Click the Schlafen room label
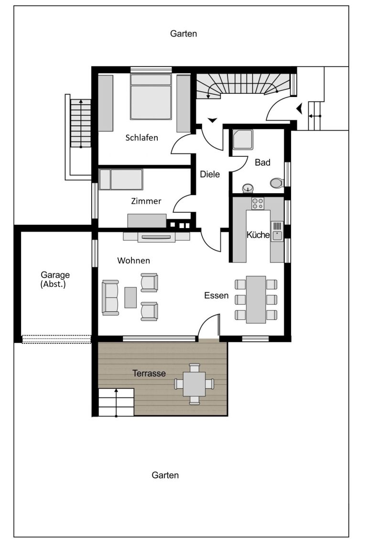[141, 138]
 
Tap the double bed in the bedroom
[151, 97]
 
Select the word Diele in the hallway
[210, 174]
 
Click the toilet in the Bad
[277, 183]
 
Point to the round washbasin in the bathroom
[248, 188]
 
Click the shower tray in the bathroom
[243, 140]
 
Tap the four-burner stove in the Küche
[258, 203]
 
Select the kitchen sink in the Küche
[277, 231]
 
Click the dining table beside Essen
[256, 300]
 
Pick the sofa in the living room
[110, 297]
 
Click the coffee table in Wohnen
[130, 297]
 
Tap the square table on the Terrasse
[194, 384]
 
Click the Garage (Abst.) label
[55, 280]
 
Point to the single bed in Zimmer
[120, 179]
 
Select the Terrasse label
[149, 373]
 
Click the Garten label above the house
[183, 34]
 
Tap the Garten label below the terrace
[165, 475]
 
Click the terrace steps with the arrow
[116, 402]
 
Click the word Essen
[216, 295]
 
